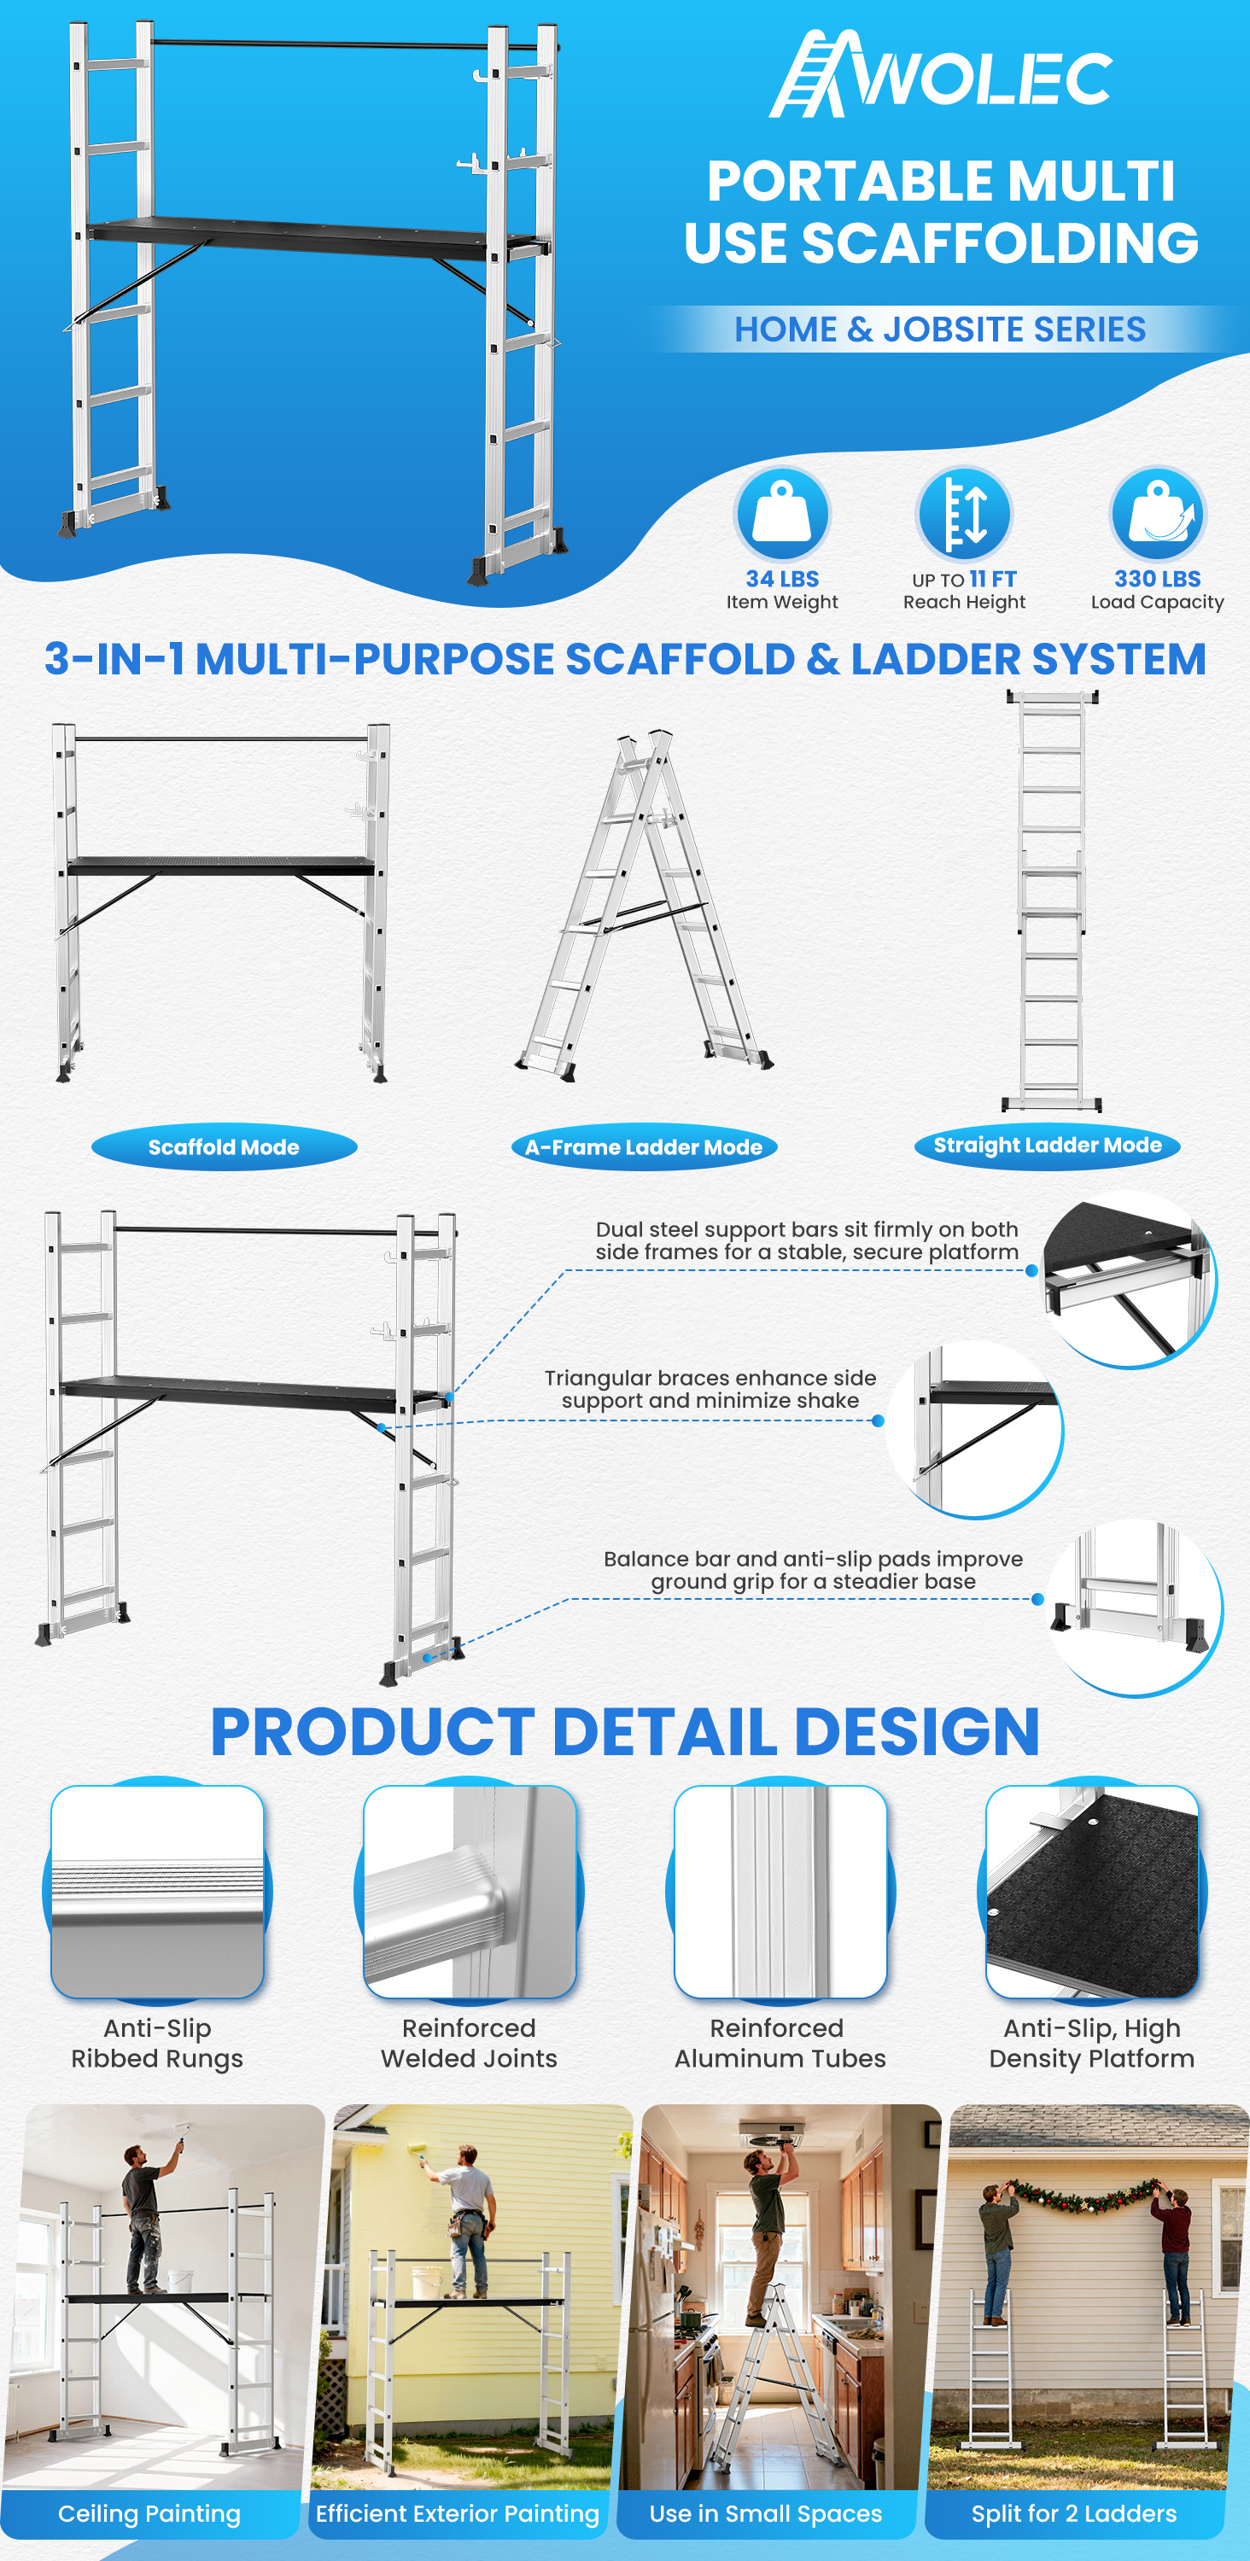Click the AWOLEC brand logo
pos(941,73)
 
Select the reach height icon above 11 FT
pos(964,514)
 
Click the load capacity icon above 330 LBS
pos(1158,514)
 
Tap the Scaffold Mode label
pos(224,1147)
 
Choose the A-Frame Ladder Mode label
pos(644,1147)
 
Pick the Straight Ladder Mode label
pos(1047,1146)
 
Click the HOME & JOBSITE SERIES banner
pos(941,329)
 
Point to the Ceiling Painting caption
pos(149,2514)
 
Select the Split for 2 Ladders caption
pos(1074,2514)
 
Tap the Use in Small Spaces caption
pos(766,2514)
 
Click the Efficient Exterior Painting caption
pos(458,2514)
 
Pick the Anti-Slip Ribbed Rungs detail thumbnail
pos(157,1891)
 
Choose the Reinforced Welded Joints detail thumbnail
pos(470,1891)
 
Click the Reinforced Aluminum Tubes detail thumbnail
pos(780,1891)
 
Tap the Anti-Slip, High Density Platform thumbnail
pos(1092,1891)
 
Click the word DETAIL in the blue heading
pos(664,1733)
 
